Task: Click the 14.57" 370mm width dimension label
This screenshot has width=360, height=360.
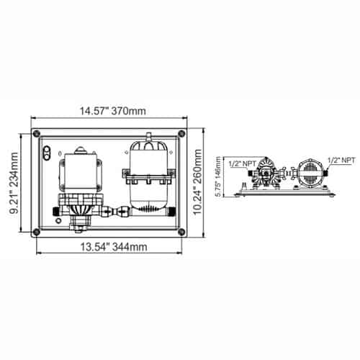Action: (112, 111)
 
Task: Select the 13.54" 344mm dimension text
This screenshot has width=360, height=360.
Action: (113, 247)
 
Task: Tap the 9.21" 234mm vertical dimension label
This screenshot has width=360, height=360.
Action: (13, 183)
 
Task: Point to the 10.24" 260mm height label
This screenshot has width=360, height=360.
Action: (198, 182)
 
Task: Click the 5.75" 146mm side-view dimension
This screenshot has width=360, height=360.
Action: (217, 176)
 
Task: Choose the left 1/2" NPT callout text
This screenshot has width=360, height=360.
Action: (243, 163)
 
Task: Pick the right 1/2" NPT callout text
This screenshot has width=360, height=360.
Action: (341, 161)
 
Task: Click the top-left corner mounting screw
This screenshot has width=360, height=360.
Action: (37, 133)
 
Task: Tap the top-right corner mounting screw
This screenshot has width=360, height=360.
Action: (181, 133)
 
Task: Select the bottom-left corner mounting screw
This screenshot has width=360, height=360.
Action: (37, 232)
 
